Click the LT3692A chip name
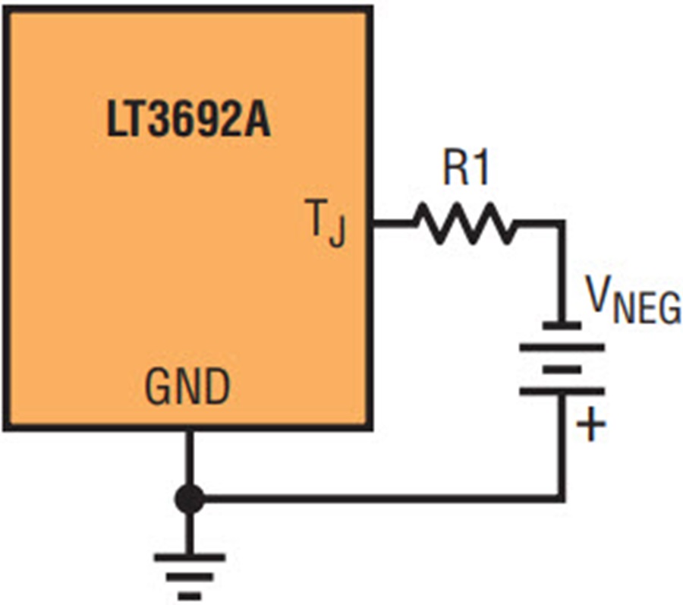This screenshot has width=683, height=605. [x=188, y=119]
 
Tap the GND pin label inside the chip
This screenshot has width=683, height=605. [x=187, y=387]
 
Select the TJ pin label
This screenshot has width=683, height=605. [x=326, y=223]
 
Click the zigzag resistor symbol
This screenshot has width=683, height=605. [x=464, y=224]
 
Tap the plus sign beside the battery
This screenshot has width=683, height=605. [x=590, y=424]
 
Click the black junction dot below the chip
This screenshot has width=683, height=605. [x=189, y=499]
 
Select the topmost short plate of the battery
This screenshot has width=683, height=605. [x=562, y=325]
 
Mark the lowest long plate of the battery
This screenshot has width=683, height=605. [x=562, y=391]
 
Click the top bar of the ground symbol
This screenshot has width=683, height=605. [x=189, y=557]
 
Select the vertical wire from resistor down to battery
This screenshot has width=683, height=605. [x=562, y=273]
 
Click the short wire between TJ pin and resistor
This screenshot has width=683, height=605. [x=393, y=224]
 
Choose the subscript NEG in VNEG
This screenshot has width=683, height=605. [x=647, y=309]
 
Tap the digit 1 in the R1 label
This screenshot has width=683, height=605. [x=480, y=168]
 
